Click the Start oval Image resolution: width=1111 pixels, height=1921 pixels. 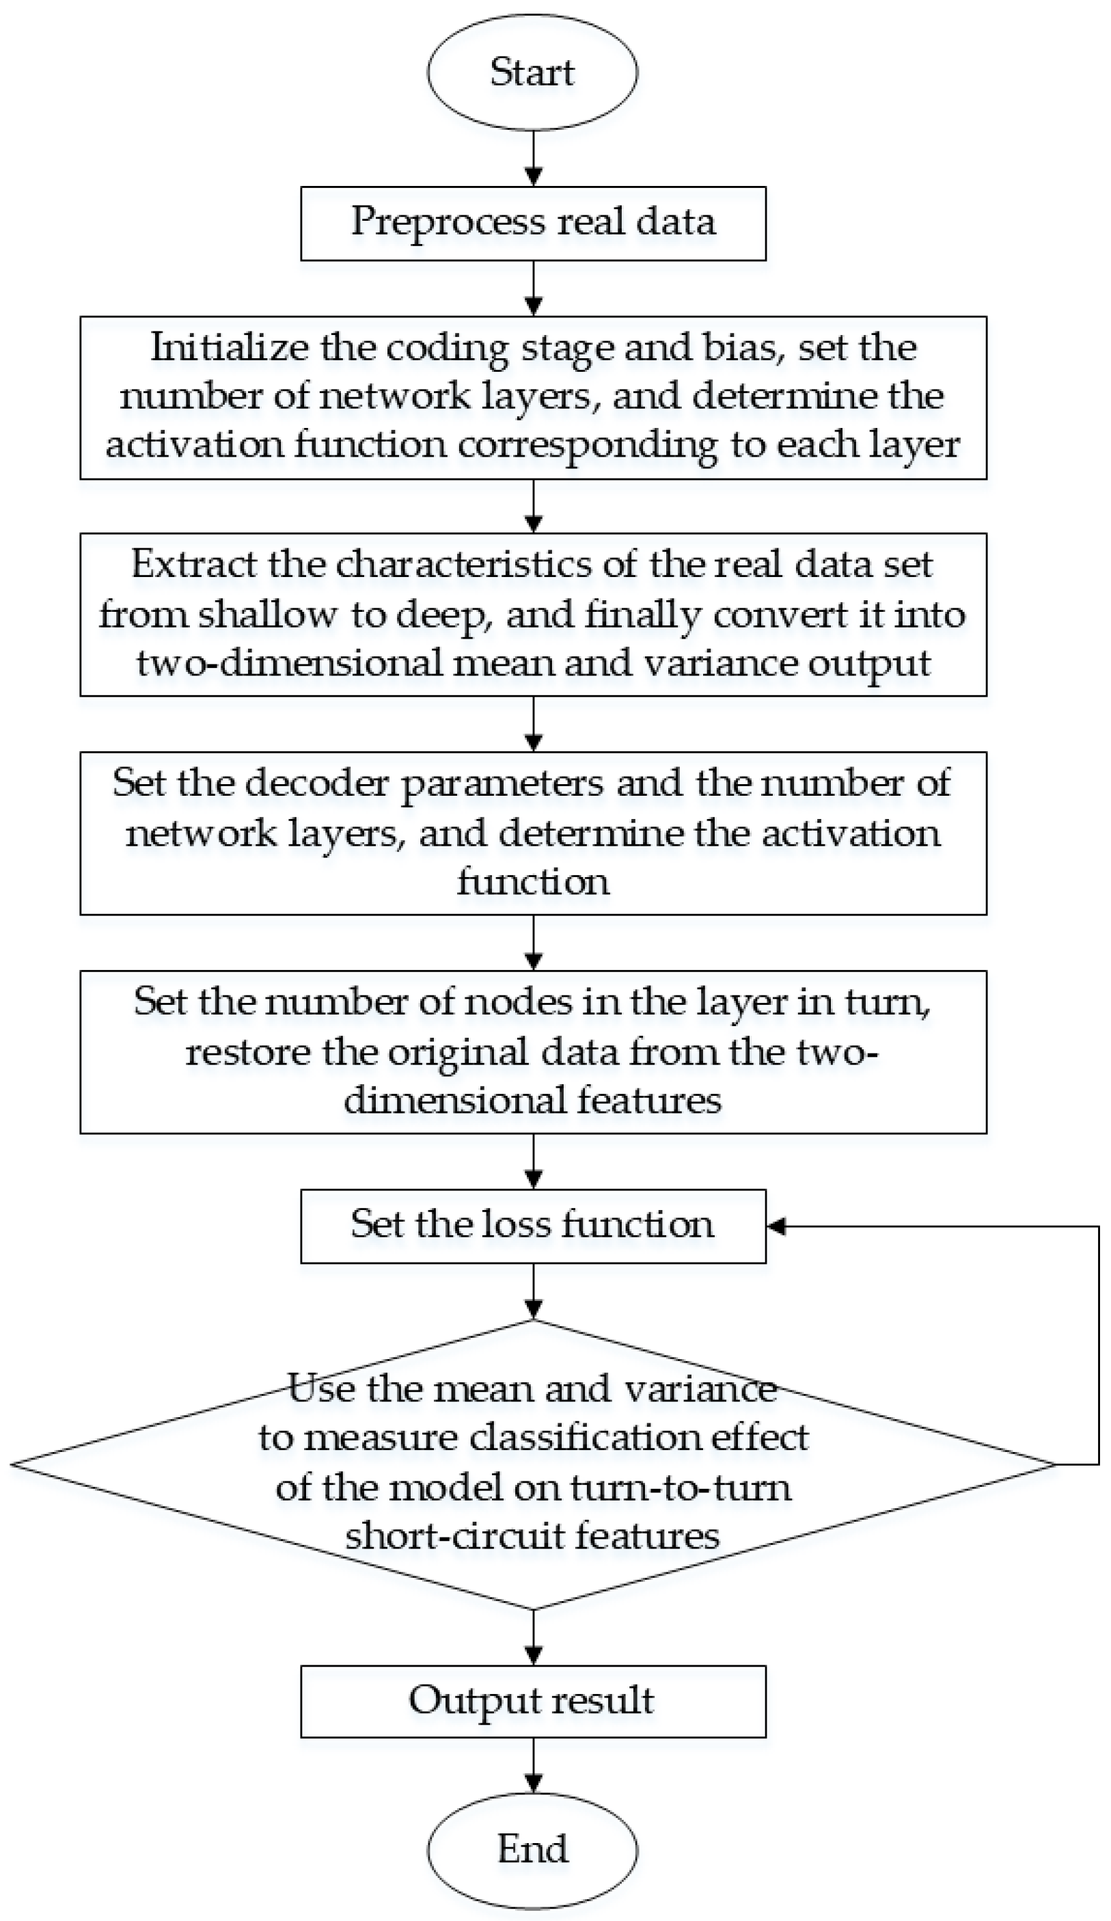[x=532, y=72]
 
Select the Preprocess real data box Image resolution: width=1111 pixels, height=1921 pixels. [x=533, y=224]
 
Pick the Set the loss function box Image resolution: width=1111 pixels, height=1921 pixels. [x=533, y=1226]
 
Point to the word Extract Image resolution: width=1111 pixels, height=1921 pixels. [x=193, y=565]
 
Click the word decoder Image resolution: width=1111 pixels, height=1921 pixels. [x=317, y=783]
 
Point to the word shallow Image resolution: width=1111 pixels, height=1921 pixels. [x=266, y=615]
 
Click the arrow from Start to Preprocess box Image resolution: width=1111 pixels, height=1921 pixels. [x=534, y=159]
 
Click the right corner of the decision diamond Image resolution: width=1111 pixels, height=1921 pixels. [x=1053, y=1464]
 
